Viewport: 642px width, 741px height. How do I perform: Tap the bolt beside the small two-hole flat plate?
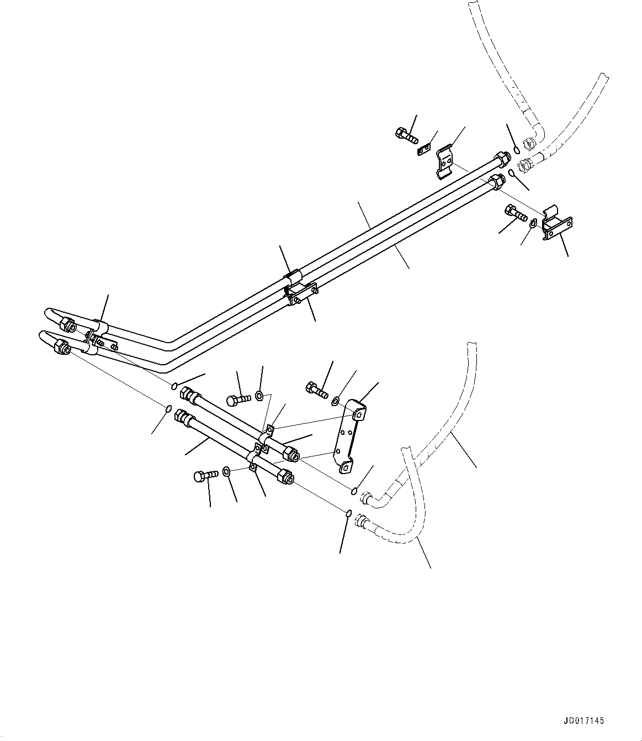405,134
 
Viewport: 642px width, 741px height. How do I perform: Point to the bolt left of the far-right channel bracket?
513,212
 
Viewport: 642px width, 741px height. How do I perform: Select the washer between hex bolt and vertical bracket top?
335,399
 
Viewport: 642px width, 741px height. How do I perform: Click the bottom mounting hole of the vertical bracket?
346,468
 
